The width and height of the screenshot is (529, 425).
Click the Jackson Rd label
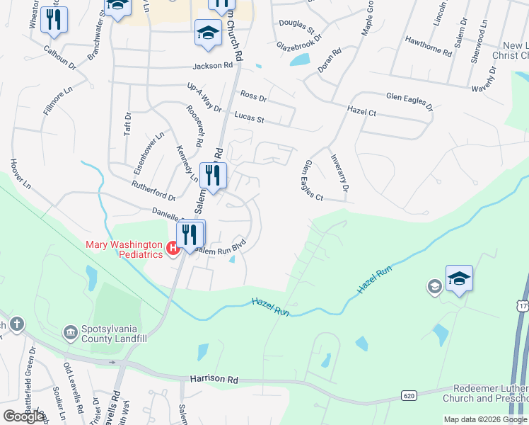(212, 66)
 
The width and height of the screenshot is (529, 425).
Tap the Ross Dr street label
(253, 96)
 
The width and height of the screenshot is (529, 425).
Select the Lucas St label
(249, 117)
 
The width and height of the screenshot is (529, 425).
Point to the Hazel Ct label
(361, 111)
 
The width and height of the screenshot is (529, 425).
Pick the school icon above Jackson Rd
(208, 33)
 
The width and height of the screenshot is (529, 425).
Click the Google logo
(24, 416)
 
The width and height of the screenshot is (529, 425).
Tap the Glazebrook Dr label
(299, 44)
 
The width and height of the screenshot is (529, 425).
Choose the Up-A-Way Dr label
(204, 98)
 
